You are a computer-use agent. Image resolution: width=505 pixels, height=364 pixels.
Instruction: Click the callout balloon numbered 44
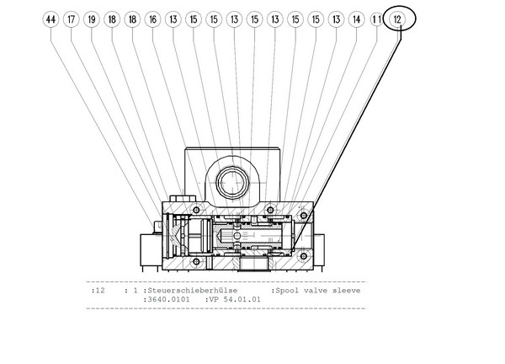coord(50,19)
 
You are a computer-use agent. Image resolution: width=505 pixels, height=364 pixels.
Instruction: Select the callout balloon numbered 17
coord(72,19)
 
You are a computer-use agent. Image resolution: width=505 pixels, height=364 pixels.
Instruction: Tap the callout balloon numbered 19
coord(92,19)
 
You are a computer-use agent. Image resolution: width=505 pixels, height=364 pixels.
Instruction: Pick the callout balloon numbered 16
coord(152,19)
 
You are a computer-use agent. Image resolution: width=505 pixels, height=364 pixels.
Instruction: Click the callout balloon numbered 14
coord(357,19)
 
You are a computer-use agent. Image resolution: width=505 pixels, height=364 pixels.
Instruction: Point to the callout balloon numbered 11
coord(377,19)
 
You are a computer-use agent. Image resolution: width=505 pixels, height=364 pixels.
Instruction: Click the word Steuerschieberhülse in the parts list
coord(192,290)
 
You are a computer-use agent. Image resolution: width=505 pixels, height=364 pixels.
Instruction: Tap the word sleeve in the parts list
coord(346,290)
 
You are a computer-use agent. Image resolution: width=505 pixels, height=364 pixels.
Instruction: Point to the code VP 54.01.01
coord(235,299)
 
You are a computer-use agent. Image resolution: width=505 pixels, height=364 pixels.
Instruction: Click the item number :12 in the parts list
coord(98,290)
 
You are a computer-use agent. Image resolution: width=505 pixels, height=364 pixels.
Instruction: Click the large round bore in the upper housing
coord(232,183)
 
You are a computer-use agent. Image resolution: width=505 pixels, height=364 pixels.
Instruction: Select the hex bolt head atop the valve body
coord(183,198)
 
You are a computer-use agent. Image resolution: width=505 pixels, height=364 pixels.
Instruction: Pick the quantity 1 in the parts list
coord(136,290)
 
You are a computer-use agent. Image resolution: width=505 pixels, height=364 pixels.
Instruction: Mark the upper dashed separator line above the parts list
coord(226,282)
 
